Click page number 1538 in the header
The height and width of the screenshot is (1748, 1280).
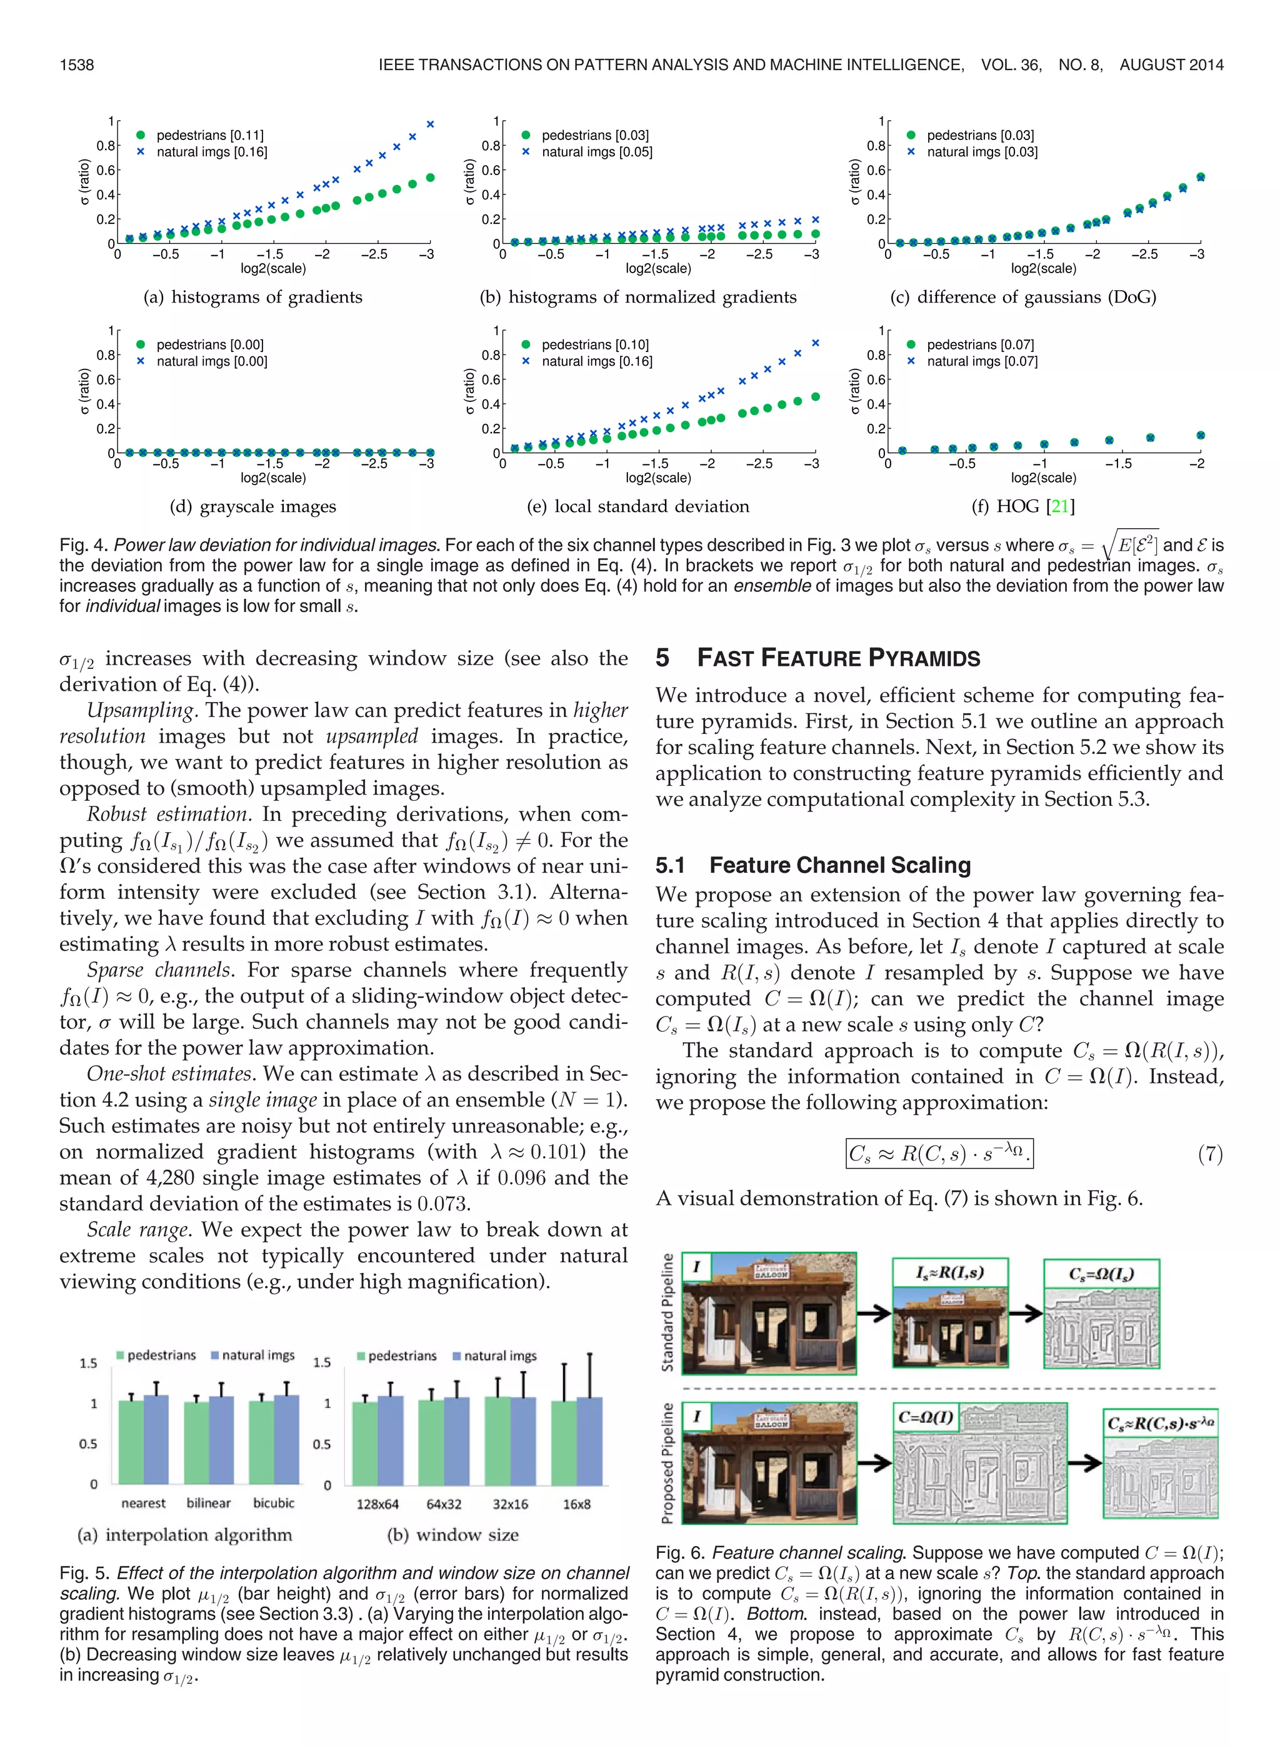77,65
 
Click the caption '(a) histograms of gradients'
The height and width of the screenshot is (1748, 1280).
252,297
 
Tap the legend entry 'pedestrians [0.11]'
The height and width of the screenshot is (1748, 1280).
209,136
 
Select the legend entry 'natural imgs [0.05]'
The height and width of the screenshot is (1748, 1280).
597,153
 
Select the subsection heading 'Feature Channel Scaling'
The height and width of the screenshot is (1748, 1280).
840,865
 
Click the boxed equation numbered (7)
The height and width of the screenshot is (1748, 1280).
939,1153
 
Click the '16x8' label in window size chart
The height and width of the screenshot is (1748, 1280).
576,1504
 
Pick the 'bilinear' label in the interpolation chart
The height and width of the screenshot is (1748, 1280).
208,1502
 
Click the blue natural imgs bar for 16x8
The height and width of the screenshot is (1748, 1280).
589,1441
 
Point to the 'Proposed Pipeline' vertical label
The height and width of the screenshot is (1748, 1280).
667,1463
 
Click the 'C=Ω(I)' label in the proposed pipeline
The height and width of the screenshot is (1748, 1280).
925,1417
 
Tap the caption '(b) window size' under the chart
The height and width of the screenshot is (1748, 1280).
452,1535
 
